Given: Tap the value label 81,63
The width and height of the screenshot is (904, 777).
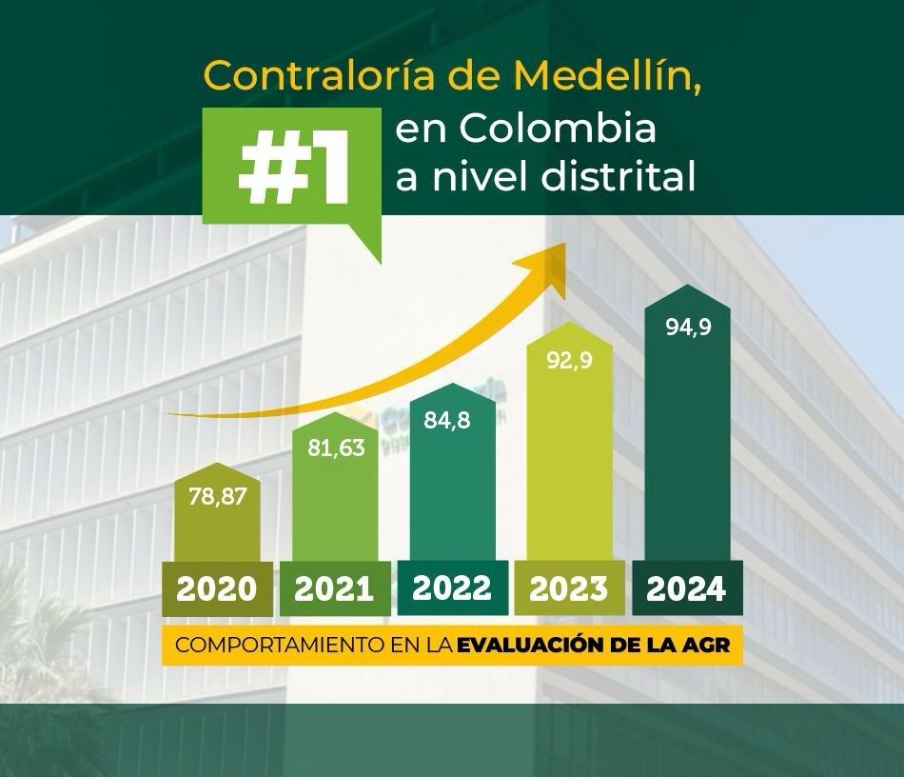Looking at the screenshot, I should tap(336, 448).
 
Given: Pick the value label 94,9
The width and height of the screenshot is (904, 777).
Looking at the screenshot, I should tap(687, 329).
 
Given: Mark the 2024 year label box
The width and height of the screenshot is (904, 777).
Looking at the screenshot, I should tap(687, 588).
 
